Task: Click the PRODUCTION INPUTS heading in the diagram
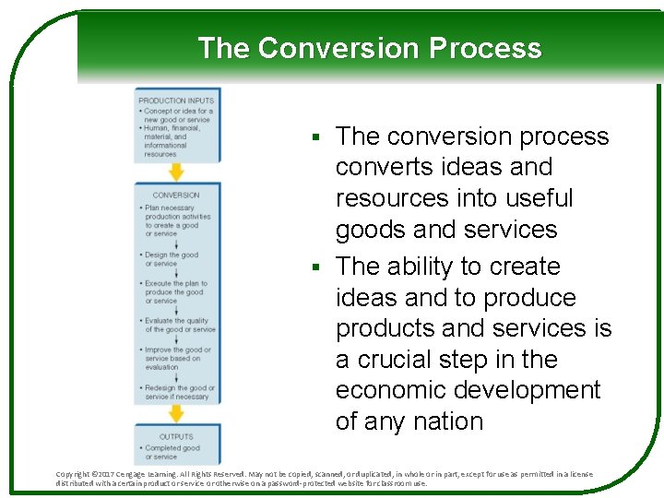pyautogui.click(x=176, y=101)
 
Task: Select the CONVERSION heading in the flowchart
pyautogui.click(x=176, y=195)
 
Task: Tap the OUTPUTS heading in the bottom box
pyautogui.click(x=176, y=436)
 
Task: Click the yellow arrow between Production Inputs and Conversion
pyautogui.click(x=176, y=172)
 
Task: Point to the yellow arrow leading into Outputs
pyautogui.click(x=176, y=414)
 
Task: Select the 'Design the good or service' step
pyautogui.click(x=172, y=259)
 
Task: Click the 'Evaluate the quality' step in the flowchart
pyautogui.click(x=178, y=326)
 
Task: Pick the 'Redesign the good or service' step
pyautogui.click(x=178, y=392)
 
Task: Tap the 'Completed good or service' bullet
pyautogui.click(x=172, y=452)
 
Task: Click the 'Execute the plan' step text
pyautogui.click(x=175, y=291)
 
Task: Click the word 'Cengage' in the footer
pyautogui.click(x=150, y=474)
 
